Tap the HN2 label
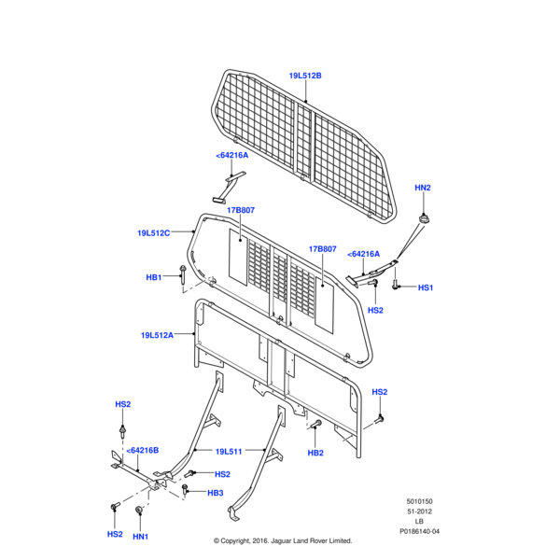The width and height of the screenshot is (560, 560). [423, 189]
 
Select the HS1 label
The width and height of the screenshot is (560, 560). [425, 288]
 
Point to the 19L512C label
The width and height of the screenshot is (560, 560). [153, 233]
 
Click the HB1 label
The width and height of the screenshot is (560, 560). [154, 277]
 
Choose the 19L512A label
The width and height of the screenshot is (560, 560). [157, 334]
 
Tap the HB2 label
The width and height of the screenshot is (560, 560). [315, 453]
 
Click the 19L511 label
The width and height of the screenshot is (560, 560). [229, 452]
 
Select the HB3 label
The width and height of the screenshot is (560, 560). [216, 493]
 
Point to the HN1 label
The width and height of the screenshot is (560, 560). [140, 536]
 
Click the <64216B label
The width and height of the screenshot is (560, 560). [142, 450]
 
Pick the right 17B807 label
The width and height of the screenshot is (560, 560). [322, 249]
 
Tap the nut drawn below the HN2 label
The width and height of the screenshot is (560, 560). [425, 218]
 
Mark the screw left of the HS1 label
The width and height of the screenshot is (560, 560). [396, 287]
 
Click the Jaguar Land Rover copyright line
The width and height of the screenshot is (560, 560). [283, 540]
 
